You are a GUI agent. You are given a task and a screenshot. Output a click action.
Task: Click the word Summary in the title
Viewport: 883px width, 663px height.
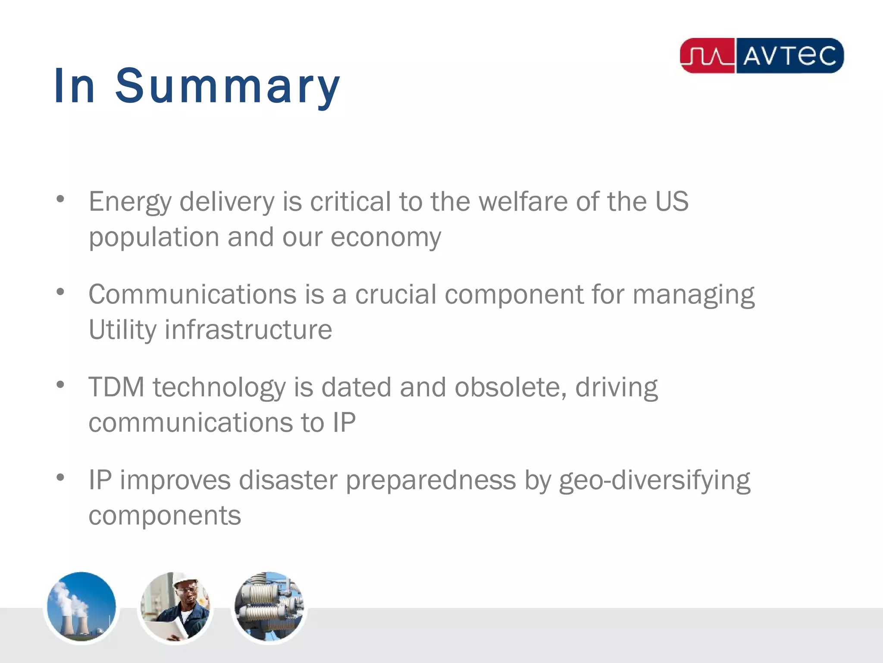click(x=228, y=86)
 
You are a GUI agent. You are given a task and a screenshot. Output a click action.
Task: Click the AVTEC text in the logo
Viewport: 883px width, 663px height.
click(x=789, y=56)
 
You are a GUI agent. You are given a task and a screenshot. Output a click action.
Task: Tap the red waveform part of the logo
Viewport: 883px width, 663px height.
click(x=708, y=56)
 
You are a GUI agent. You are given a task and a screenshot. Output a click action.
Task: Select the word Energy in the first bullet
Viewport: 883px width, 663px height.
click(x=130, y=202)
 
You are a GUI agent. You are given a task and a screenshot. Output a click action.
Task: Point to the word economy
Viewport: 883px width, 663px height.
click(x=385, y=237)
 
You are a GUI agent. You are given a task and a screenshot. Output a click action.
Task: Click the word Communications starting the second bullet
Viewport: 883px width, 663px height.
click(x=192, y=294)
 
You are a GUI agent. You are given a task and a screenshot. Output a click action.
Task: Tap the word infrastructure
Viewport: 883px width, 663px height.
click(x=248, y=330)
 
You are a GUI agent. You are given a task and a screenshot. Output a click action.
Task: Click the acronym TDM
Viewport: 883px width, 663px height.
click(x=116, y=387)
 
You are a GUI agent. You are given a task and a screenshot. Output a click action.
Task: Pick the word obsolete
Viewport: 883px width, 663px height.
click(x=510, y=387)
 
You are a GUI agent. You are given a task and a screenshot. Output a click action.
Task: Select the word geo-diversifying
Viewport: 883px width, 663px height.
click(x=654, y=481)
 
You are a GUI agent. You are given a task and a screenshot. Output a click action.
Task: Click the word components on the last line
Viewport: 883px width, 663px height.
click(x=165, y=516)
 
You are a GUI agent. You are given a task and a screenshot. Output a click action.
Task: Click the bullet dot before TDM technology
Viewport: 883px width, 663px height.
click(x=60, y=384)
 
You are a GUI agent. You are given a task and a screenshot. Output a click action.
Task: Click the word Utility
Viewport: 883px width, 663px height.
click(x=122, y=330)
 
